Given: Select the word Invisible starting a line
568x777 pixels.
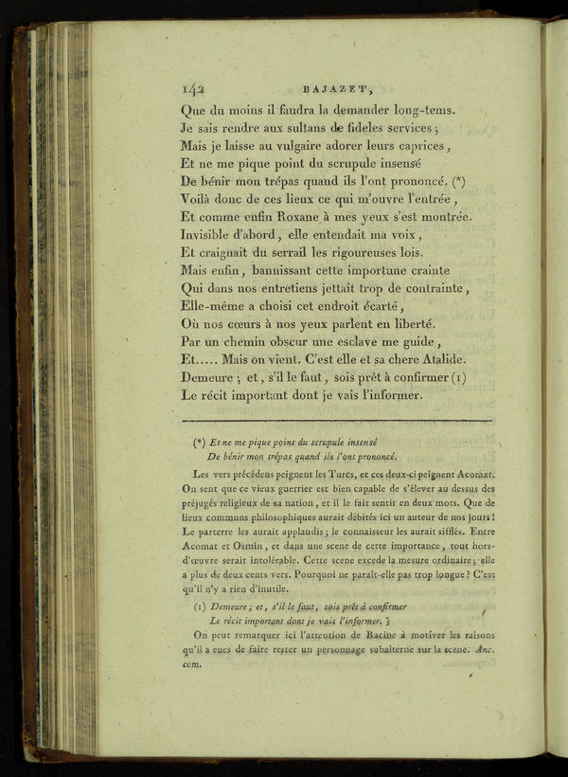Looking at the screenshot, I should coord(214,233).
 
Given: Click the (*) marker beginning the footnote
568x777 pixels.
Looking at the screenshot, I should coord(200,442).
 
